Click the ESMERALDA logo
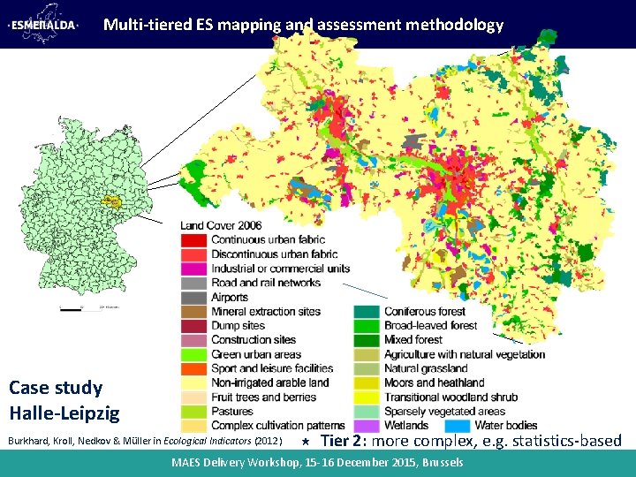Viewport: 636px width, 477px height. click(43, 25)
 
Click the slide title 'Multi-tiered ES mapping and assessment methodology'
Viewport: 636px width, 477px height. click(303, 25)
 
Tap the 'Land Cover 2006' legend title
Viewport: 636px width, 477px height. click(221, 225)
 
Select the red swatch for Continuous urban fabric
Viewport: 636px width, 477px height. click(193, 240)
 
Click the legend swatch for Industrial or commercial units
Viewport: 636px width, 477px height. click(193, 269)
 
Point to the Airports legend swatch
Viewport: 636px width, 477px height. click(193, 298)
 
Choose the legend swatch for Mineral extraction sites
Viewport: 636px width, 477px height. click(193, 312)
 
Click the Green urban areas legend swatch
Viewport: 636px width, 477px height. click(193, 354)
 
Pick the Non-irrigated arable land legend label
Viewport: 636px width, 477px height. click(269, 383)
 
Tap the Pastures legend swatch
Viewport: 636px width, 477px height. click(193, 412)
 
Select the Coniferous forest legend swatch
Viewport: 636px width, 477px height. click(367, 312)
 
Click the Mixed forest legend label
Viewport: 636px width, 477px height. click(413, 340)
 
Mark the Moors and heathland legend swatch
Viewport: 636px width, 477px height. click(367, 383)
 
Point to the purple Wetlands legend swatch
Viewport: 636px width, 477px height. click(367, 426)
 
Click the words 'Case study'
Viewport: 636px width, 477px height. click(56, 388)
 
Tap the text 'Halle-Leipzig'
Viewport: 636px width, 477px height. click(64, 413)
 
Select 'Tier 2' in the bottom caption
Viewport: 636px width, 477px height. click(340, 441)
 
